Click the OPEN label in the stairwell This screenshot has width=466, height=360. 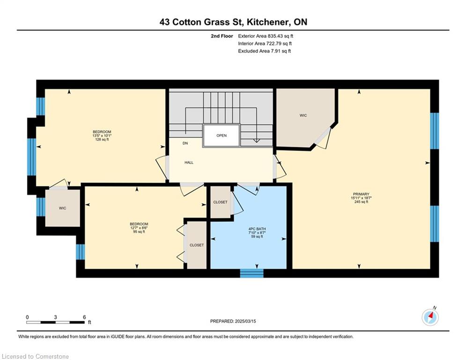[x=222, y=135]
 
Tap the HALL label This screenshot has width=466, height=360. [x=189, y=163]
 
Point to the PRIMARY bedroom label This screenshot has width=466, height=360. [x=362, y=194]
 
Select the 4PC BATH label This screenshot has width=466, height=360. [x=257, y=229]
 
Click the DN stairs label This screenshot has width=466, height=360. [x=185, y=143]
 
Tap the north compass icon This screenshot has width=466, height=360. [x=430, y=317]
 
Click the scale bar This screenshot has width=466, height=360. [x=56, y=322]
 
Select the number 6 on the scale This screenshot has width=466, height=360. [x=84, y=317]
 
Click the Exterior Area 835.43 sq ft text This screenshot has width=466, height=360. [x=266, y=36]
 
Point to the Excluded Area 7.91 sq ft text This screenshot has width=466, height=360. [x=264, y=51]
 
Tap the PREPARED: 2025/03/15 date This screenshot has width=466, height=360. [x=233, y=321]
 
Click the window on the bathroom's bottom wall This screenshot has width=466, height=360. [x=251, y=273]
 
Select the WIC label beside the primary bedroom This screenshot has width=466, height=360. [x=303, y=115]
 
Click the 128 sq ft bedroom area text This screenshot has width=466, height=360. [x=102, y=139]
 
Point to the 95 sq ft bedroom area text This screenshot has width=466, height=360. [x=139, y=232]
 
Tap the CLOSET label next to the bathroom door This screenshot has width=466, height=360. [x=220, y=202]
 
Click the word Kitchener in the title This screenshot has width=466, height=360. [x=266, y=22]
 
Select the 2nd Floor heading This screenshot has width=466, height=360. [x=222, y=36]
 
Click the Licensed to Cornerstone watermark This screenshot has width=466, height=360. [x=36, y=356]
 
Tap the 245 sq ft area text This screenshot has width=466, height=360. [x=362, y=202]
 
